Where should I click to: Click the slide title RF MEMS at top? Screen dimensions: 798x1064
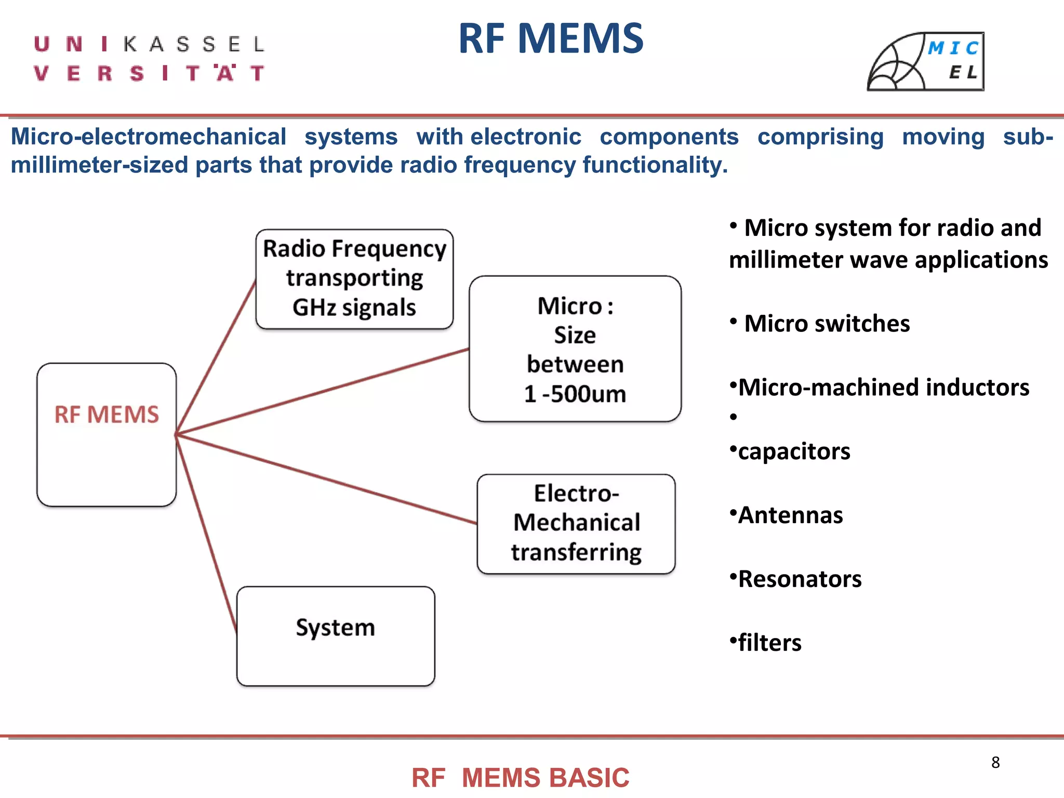coord(551,39)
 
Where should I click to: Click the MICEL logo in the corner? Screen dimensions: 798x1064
coord(926,62)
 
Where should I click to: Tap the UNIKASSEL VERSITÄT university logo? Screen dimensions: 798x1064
coord(150,59)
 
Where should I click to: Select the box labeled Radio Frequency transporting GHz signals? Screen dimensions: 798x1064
coord(354,279)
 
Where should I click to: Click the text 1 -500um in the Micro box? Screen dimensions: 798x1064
coord(575,394)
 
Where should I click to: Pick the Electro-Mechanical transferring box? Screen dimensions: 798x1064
coord(576,523)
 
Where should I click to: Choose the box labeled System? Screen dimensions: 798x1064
coord(336,635)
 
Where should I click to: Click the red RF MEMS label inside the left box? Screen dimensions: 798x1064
coord(107,415)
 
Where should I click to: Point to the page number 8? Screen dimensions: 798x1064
coord(995,762)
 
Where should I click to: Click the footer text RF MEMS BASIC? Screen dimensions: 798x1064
coord(520,778)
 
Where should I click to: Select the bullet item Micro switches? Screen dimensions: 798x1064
coord(827,324)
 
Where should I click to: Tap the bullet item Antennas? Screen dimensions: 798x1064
coord(790,515)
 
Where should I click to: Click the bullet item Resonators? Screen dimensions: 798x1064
coord(800,579)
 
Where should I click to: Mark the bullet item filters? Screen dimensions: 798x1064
coord(769,643)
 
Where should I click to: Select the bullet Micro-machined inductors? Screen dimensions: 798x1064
coord(883,388)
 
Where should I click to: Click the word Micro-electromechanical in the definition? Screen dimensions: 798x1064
coord(149,137)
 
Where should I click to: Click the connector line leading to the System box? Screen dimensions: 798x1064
coord(207,535)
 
